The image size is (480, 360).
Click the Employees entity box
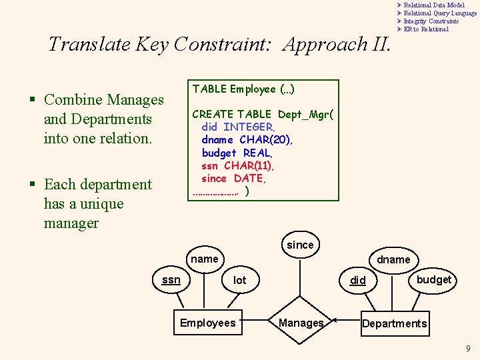207,323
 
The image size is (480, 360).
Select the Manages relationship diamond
301,323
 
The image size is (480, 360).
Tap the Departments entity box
394,323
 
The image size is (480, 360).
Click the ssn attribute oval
171,280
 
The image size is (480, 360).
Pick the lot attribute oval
240,281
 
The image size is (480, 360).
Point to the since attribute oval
300,245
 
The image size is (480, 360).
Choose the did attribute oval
359,280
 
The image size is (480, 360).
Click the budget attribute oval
433,279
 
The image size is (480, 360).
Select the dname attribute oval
393,259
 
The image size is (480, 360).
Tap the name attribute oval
204,259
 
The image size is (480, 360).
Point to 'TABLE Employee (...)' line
244,89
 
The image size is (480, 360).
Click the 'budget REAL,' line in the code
237,153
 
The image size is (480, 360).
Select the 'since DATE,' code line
233,178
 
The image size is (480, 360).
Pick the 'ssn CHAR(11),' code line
237,165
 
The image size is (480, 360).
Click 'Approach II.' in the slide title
334,45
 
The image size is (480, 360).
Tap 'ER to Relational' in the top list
426,29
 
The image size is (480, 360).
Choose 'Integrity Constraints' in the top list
431,21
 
